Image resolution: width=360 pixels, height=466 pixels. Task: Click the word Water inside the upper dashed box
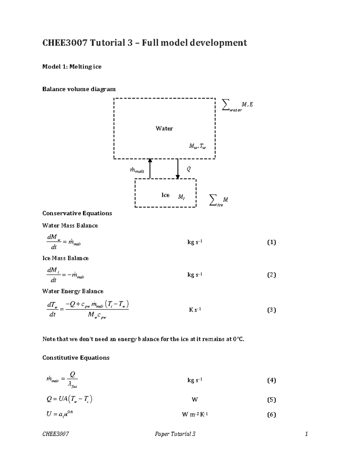(164, 128)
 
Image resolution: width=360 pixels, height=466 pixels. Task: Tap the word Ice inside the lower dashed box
(165, 195)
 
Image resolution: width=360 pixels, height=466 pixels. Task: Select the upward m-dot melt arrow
(150, 169)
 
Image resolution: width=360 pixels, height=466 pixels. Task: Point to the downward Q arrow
(178, 169)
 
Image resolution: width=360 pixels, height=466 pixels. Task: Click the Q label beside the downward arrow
(188, 169)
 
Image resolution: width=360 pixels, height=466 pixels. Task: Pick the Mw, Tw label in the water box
(197, 146)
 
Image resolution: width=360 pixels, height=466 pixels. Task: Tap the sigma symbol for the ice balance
(213, 200)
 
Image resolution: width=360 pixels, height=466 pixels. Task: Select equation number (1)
(271, 242)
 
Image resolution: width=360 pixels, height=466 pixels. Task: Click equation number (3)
(271, 310)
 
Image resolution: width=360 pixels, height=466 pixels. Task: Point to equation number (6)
(271, 415)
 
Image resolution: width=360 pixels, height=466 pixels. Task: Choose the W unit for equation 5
(195, 400)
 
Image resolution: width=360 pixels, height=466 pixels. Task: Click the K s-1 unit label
(195, 310)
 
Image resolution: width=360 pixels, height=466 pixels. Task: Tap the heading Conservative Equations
(77, 213)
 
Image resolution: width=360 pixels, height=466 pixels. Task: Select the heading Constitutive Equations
(76, 358)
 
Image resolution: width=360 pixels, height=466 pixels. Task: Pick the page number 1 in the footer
(306, 434)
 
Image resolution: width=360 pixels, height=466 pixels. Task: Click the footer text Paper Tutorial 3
(175, 434)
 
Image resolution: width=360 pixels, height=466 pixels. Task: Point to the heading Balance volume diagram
(79, 89)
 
